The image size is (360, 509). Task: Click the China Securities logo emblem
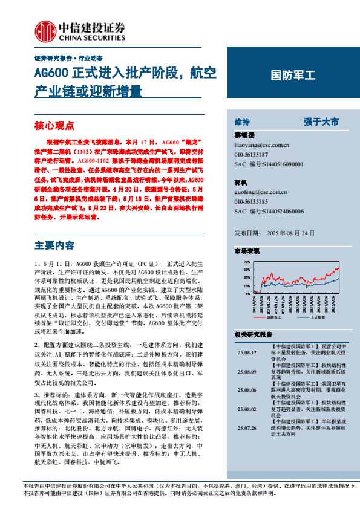(x=43, y=30)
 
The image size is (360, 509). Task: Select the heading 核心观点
(x=54, y=126)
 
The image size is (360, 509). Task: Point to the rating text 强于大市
(x=321, y=122)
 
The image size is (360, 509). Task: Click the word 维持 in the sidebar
(x=241, y=122)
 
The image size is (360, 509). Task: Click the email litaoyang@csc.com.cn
(x=261, y=146)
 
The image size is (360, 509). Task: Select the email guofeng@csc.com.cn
(x=260, y=192)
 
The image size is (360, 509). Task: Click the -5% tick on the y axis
(x=247, y=293)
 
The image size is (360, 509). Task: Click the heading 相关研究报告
(x=253, y=334)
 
